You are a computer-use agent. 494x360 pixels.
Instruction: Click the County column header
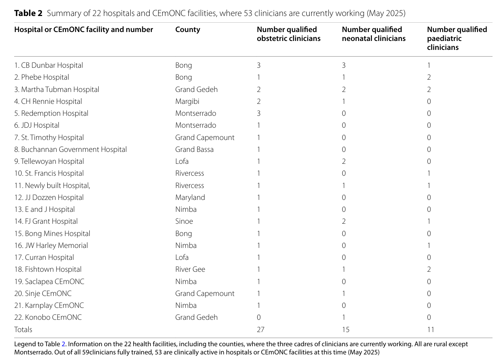(188, 29)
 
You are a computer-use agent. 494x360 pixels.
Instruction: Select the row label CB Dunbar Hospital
(48, 65)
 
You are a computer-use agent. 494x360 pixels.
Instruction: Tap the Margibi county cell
(187, 102)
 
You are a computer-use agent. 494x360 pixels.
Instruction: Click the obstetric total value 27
(261, 329)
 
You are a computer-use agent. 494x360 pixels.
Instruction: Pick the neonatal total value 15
(345, 329)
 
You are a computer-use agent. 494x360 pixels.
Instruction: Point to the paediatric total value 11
(430, 329)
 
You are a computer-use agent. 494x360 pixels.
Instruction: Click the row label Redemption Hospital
(51, 114)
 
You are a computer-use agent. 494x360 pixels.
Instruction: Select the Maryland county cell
(190, 197)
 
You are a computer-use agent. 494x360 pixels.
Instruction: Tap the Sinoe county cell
(184, 221)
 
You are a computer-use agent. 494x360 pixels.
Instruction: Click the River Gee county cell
(190, 269)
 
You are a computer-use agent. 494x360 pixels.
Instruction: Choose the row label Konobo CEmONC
(48, 318)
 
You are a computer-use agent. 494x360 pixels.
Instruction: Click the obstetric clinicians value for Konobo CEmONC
(259, 318)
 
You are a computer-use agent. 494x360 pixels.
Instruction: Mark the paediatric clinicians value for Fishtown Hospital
(429, 269)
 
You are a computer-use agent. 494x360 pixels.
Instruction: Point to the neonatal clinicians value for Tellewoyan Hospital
(344, 162)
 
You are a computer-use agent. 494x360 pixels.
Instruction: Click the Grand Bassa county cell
(194, 150)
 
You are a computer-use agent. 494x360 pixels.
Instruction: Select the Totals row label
(23, 329)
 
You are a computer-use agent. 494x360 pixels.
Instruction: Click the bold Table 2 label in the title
(28, 13)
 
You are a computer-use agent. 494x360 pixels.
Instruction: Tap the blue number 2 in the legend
(63, 344)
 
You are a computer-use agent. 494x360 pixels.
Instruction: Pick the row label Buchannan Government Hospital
(71, 150)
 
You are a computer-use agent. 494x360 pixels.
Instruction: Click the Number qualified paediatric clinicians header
(457, 38)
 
